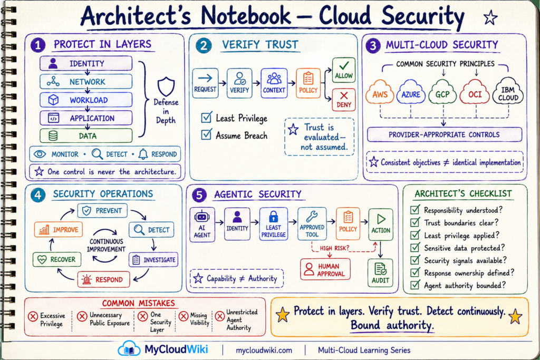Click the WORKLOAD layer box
[86, 100]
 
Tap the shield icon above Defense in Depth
[166, 86]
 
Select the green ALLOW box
[344, 70]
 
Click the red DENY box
[344, 100]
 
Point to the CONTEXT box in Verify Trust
[274, 83]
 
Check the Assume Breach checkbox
[206, 134]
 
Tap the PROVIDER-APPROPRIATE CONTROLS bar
[444, 134]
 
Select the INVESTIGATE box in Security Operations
[154, 260]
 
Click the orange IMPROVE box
[58, 230]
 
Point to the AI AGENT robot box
[202, 225]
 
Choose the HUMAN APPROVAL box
[325, 269]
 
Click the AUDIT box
[380, 273]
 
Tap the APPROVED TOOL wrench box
[312, 223]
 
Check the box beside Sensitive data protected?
[415, 247]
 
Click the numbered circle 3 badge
[373, 45]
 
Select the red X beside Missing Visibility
[184, 316]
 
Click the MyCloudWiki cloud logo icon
[129, 348]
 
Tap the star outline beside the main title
[490, 17]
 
